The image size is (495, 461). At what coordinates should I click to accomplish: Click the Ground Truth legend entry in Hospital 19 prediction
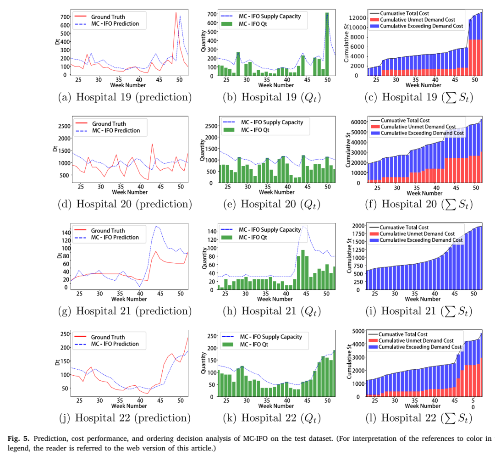(x=100, y=17)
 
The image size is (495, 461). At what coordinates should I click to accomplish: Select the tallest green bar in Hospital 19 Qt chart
(x=327, y=44)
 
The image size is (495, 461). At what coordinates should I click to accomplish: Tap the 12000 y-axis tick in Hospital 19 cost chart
(x=357, y=18)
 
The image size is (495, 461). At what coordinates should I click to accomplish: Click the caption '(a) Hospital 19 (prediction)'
(x=125, y=97)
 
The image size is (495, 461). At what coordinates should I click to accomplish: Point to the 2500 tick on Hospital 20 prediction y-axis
(x=65, y=126)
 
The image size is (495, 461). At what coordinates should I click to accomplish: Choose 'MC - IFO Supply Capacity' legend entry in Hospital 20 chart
(x=263, y=122)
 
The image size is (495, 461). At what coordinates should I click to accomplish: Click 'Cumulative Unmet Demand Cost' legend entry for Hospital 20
(x=413, y=127)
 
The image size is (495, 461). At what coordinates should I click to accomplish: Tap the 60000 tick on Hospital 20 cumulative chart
(x=359, y=122)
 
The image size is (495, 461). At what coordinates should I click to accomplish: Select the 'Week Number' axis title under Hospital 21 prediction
(x=129, y=299)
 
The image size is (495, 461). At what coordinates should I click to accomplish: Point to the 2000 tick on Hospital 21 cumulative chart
(x=358, y=226)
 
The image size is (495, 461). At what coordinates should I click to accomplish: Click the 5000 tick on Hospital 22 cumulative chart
(x=358, y=331)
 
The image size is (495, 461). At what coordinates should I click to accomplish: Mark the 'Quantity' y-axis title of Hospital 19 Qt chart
(x=203, y=41)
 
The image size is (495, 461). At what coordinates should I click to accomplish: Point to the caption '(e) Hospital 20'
(x=272, y=204)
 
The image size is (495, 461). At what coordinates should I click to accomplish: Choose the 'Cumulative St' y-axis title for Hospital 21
(x=349, y=256)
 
